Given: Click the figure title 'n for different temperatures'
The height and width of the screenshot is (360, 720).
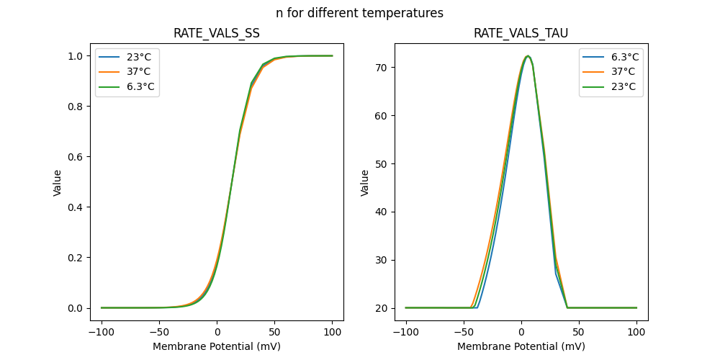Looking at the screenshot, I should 359,13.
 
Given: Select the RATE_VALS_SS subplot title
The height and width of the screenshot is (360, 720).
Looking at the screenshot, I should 216,33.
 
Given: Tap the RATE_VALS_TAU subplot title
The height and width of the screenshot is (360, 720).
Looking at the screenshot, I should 521,33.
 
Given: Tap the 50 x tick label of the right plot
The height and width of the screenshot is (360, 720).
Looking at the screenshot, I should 579,333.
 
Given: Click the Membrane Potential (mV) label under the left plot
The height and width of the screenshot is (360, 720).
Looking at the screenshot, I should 216,346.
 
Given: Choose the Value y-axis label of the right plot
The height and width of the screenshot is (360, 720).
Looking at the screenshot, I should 365,183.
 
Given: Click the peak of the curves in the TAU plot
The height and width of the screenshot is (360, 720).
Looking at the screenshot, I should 528,56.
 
